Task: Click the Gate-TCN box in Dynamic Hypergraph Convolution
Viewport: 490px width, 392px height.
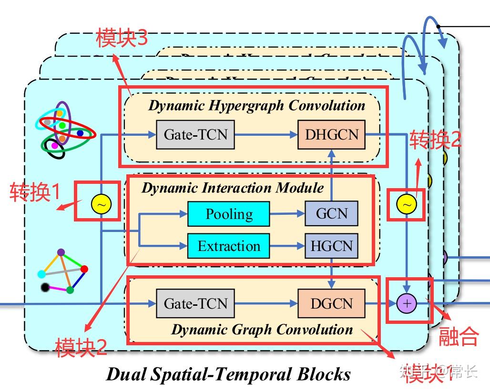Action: click(195, 135)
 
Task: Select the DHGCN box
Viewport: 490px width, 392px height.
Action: click(331, 135)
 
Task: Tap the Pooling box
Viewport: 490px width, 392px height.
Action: click(228, 214)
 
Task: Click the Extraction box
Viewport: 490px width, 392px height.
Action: click(228, 246)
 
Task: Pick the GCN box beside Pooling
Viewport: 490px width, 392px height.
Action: click(331, 213)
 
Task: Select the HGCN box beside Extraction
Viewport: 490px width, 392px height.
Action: click(331, 246)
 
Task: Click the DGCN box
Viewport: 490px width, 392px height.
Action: click(331, 303)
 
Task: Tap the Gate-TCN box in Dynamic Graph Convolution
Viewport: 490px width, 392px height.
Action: click(195, 303)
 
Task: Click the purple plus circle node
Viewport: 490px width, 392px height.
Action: click(407, 303)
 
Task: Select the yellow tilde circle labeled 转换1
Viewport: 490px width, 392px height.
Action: click(101, 204)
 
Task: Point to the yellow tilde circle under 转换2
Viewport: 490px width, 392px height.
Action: click(406, 204)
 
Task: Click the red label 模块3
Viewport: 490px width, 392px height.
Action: click(122, 38)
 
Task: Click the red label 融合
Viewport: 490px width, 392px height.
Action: click(458, 336)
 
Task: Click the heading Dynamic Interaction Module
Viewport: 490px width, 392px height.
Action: click(232, 188)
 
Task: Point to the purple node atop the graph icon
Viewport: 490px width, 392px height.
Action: click(61, 252)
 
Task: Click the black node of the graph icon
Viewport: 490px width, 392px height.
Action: click(45, 287)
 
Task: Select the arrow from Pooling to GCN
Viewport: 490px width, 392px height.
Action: click(287, 214)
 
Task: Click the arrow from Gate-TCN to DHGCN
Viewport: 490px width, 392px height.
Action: click(266, 135)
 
